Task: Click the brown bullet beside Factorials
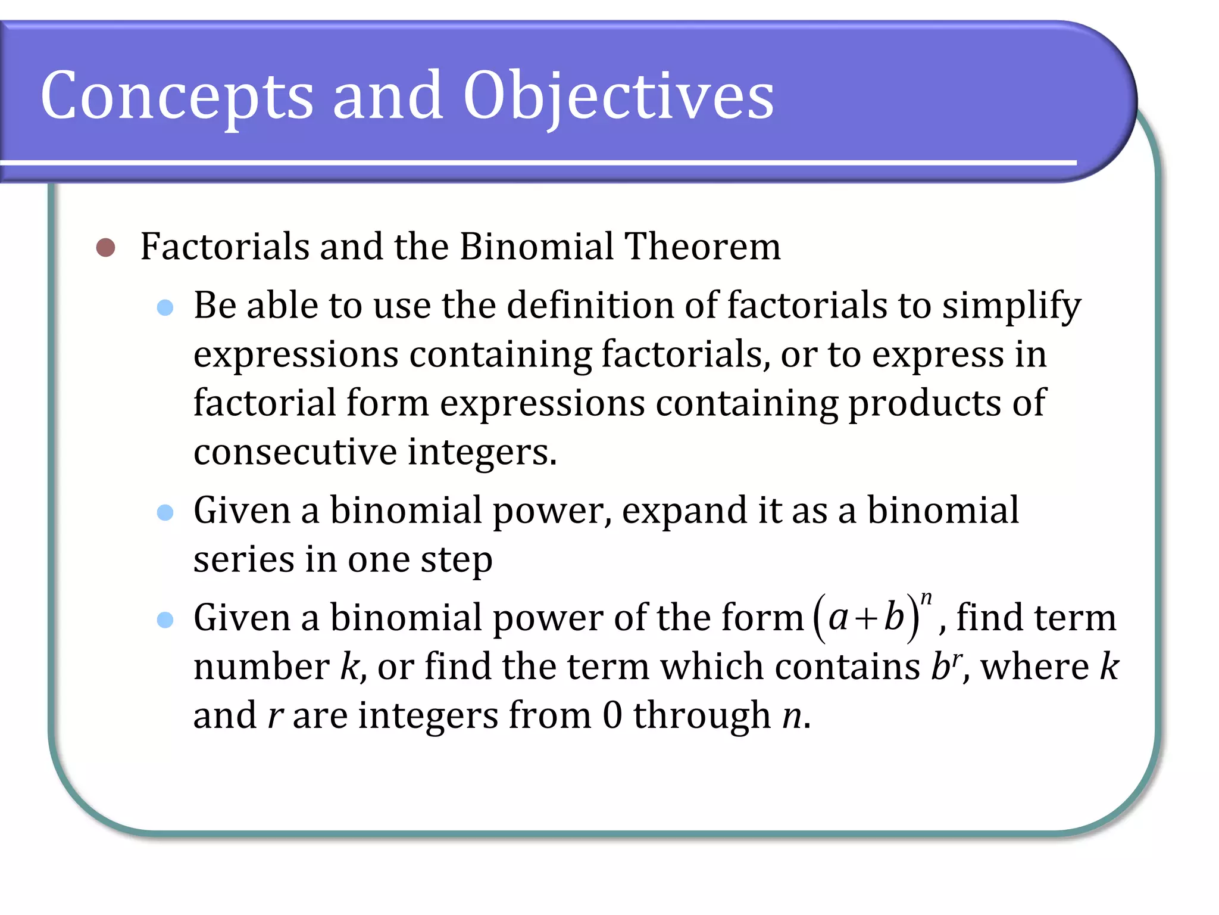[105, 247]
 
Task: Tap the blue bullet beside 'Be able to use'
[165, 307]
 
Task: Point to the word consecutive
[295, 452]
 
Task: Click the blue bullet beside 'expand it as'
[165, 512]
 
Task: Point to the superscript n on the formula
[926, 598]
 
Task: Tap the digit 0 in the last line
[612, 715]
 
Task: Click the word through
[702, 715]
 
